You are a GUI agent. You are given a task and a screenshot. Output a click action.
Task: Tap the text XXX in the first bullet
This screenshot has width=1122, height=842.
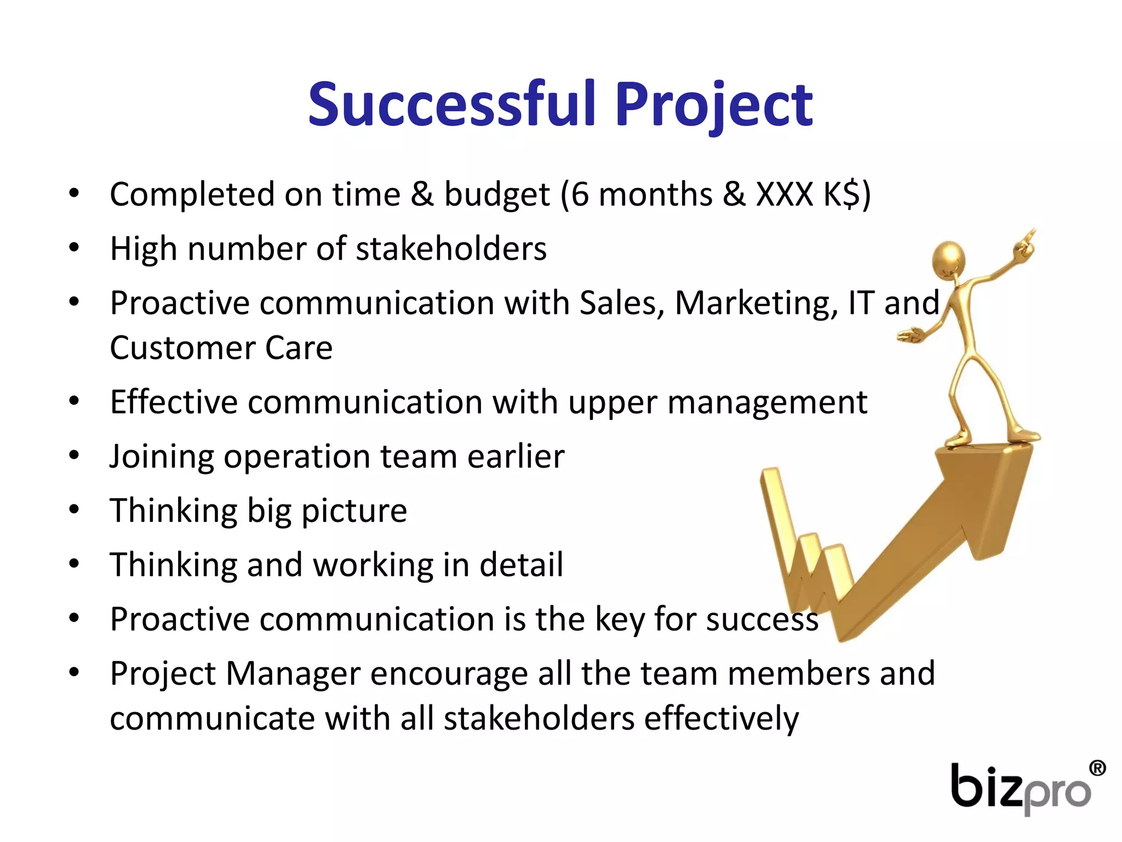coord(784,195)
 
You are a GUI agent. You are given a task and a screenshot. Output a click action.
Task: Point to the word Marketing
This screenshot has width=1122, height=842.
coord(756,303)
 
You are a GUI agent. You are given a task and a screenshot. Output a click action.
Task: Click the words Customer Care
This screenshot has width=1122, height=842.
coord(221,348)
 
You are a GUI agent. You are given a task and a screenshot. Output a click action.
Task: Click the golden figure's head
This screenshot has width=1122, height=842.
coord(948,258)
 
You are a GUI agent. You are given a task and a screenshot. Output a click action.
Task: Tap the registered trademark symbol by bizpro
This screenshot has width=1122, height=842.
coord(1097,769)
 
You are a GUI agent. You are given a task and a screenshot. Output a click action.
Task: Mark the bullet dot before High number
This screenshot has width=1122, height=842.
coord(75,248)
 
